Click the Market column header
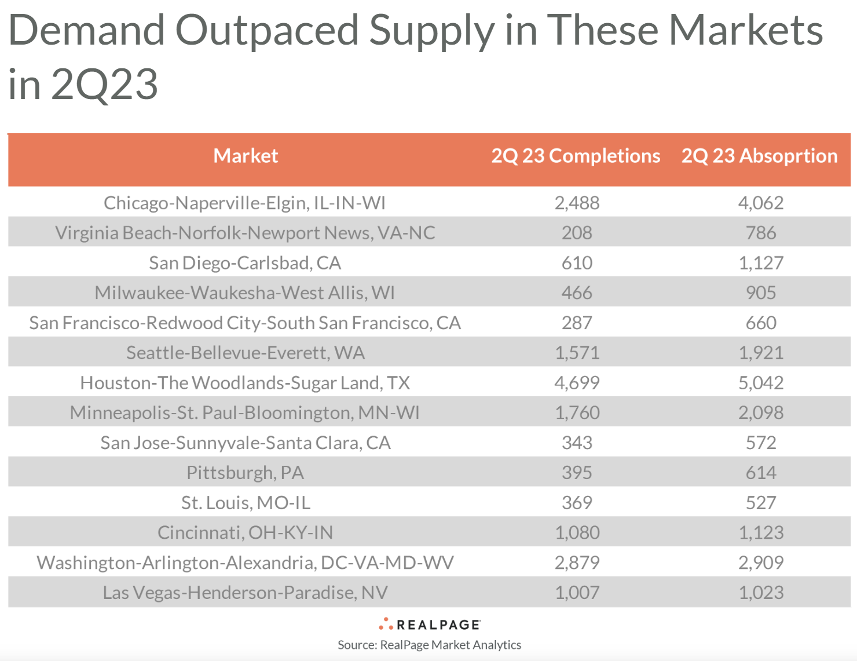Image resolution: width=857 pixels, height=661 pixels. point(246,156)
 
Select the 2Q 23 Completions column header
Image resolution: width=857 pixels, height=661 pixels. point(576,156)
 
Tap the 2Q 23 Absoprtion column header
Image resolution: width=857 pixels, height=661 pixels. point(759,156)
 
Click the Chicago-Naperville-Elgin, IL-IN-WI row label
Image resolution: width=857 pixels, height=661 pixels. point(244,203)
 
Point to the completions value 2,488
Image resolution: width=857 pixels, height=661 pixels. point(577,203)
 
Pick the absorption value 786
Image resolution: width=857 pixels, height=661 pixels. point(761,233)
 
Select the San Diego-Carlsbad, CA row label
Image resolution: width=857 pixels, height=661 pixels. point(245,263)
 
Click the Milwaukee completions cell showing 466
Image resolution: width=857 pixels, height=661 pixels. point(577,293)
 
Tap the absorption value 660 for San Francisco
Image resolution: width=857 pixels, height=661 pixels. point(761,323)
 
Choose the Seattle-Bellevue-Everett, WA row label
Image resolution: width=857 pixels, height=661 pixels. point(246,353)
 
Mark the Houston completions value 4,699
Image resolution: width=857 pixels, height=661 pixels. point(577,383)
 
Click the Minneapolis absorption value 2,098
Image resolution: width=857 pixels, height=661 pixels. point(761,412)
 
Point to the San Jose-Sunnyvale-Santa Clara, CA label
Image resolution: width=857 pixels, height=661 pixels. point(246,443)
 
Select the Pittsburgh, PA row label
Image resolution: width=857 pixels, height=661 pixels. point(245,473)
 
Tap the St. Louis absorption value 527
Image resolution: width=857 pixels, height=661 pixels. point(761,503)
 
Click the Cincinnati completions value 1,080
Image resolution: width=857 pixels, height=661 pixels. point(577,532)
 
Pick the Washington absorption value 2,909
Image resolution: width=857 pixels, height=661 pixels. point(761,563)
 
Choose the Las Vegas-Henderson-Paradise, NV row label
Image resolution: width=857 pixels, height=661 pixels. point(245,593)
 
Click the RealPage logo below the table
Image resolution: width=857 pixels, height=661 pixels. point(430,625)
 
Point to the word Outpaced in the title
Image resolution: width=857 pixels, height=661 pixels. point(266,30)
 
